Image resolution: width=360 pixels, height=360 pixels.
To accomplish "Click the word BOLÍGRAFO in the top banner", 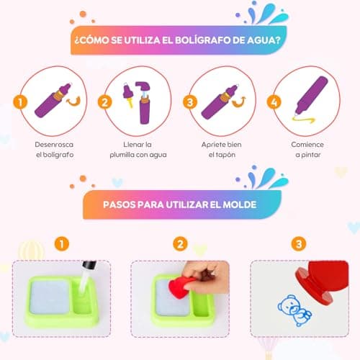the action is coord(202,40).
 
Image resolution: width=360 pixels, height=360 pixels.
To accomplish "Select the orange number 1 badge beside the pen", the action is coord(20,102).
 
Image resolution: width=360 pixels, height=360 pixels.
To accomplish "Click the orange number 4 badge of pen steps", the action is coord(274,102).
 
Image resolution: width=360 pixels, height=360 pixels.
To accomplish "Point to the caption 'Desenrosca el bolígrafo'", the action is coord(55,150).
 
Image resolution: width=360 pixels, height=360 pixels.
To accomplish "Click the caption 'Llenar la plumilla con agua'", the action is coord(138,150).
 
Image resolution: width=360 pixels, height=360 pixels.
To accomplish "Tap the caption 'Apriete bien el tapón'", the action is coord(222,150).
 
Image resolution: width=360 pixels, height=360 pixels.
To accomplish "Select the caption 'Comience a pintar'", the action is coord(307,150).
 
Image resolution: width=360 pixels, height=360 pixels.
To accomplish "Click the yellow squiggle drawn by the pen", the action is coord(303,120).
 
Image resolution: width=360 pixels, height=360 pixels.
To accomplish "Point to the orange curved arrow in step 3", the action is coord(238,103).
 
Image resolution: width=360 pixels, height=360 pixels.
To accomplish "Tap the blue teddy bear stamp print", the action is coord(294,310).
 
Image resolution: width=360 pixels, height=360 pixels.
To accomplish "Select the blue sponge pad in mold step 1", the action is coord(50,297).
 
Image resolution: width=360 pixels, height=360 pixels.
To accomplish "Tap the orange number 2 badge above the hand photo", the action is coord(180,244).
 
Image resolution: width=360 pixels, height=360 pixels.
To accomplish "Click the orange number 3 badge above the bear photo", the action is coord(299,244).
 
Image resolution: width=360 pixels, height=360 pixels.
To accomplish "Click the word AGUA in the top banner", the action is coord(264,40).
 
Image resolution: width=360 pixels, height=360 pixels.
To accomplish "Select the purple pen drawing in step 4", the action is coord(312,95).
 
